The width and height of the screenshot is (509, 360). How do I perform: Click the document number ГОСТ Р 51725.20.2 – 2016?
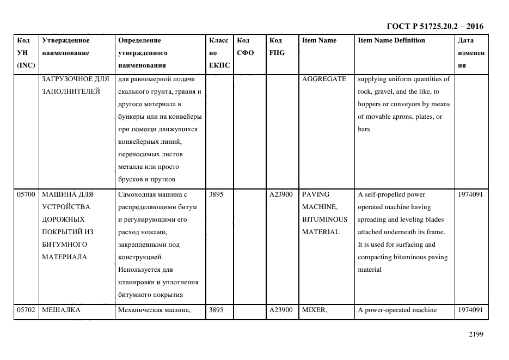click(x=434, y=26)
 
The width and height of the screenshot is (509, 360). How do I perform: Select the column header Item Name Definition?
click(x=391, y=40)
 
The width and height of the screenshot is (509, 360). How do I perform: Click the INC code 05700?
click(x=26, y=194)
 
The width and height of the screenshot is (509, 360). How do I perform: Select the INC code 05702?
click(x=26, y=310)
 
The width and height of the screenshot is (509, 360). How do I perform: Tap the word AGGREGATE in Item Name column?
click(x=324, y=79)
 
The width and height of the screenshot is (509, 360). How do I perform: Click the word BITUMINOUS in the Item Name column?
click(x=324, y=219)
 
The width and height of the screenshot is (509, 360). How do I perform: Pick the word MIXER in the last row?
click(x=313, y=310)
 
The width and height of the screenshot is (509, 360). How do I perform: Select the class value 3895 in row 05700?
click(x=216, y=194)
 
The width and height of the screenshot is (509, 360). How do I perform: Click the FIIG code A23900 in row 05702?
click(x=281, y=310)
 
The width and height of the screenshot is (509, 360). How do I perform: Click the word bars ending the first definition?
click(x=363, y=129)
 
